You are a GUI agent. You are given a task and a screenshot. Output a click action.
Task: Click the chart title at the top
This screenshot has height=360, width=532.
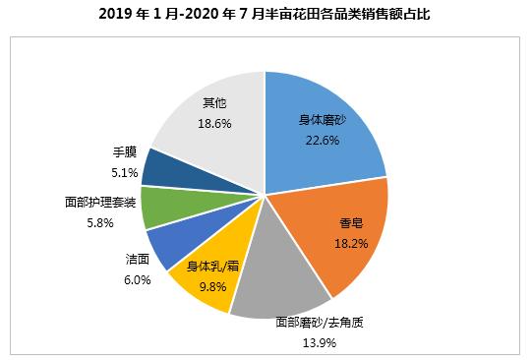pos(266,15)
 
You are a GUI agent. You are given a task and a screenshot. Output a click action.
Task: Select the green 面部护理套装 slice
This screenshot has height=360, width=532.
pos(158,207)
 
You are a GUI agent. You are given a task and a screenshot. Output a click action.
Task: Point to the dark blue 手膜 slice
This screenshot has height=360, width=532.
pos(161,168)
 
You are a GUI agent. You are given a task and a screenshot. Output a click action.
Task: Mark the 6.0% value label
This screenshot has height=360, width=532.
pos(138,279)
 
